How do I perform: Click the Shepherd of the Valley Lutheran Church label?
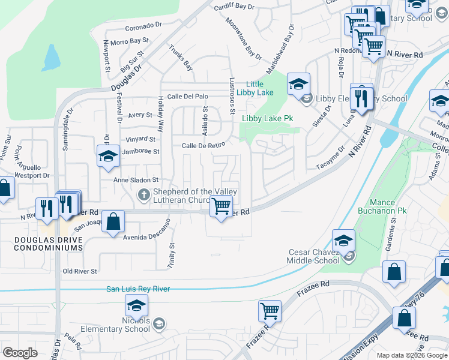(x=194, y=196)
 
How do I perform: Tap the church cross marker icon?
(x=143, y=194)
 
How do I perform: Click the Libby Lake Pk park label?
(x=267, y=119)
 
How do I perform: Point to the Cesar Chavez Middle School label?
(x=313, y=256)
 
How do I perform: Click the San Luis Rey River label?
(x=138, y=289)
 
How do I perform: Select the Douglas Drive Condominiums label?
(x=41, y=244)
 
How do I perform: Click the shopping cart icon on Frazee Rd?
(x=270, y=311)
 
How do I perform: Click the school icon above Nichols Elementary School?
(x=136, y=305)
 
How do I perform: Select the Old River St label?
(x=80, y=272)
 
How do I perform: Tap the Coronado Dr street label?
(x=144, y=27)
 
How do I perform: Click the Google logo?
(x=20, y=353)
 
